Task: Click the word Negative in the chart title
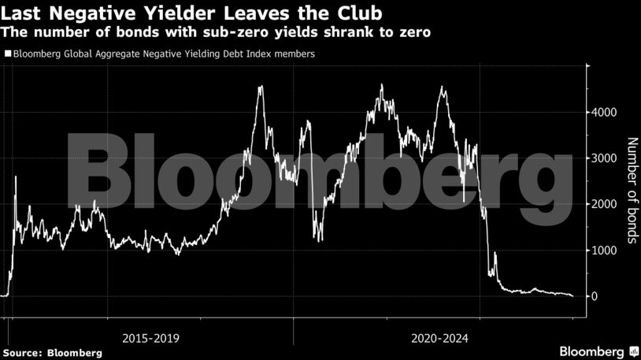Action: pyautogui.click(x=86, y=13)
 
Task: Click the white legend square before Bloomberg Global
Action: pyautogui.click(x=8, y=54)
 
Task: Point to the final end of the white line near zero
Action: pyautogui.click(x=572, y=295)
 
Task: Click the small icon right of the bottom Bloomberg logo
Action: pyautogui.click(x=633, y=351)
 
